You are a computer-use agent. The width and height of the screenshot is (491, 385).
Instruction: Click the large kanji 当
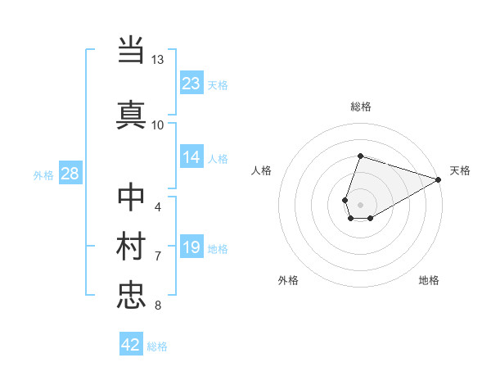[x=132, y=51]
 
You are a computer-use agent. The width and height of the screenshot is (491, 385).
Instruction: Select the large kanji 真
[x=132, y=114]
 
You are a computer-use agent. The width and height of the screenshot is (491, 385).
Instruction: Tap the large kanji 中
[x=132, y=197]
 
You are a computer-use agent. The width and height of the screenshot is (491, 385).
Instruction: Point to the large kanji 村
[x=132, y=245]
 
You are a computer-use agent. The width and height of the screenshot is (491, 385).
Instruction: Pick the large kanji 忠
[x=132, y=294]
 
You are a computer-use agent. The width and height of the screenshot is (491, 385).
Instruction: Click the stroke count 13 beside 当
[x=158, y=60]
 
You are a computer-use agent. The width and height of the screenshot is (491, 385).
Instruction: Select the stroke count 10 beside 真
[x=158, y=125]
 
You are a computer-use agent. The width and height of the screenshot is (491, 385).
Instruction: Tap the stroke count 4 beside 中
[x=158, y=206]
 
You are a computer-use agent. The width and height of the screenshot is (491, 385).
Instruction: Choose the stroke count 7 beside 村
[x=158, y=256]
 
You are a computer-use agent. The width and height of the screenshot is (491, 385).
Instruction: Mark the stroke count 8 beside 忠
[x=158, y=306]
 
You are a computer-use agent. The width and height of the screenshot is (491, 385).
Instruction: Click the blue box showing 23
[x=191, y=84]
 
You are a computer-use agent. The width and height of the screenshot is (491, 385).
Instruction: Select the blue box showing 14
[x=191, y=158]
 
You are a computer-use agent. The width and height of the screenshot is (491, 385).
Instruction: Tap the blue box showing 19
[x=191, y=247]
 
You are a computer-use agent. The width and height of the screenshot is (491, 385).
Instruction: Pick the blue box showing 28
[x=70, y=174]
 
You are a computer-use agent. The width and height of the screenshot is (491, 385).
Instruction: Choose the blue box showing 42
[x=131, y=345]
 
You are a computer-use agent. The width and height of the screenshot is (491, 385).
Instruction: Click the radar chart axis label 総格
[x=361, y=106]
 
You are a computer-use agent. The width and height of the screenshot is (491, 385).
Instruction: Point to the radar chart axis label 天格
[x=460, y=170]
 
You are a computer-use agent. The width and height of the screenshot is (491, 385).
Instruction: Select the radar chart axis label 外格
[x=288, y=280]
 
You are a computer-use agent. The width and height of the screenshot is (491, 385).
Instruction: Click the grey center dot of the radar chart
[x=361, y=204]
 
